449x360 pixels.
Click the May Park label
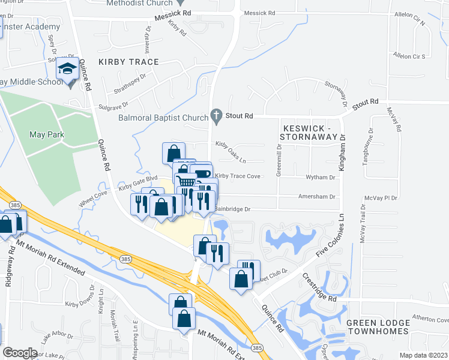click(47, 134)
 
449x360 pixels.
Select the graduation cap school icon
click(68, 70)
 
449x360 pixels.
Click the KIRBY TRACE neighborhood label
click(128, 62)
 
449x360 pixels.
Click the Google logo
click(20, 353)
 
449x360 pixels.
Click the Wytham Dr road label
click(320, 178)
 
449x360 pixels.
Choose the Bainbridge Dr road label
click(231, 209)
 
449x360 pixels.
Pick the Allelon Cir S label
click(408, 56)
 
